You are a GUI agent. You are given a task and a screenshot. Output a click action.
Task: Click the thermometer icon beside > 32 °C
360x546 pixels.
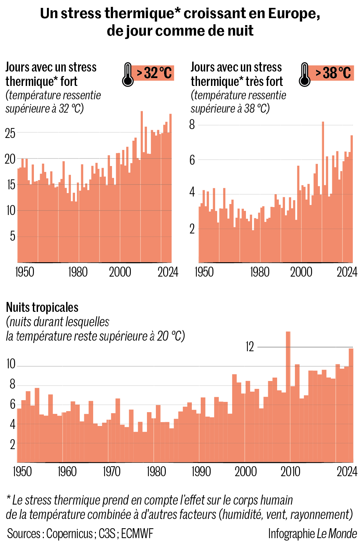pos(127,74)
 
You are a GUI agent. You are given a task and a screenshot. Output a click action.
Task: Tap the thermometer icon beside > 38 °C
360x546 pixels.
pos(304,74)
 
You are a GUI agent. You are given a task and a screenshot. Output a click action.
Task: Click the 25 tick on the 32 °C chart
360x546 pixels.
pos(10,133)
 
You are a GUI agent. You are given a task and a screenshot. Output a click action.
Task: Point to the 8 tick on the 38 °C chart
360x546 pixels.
pos(192,124)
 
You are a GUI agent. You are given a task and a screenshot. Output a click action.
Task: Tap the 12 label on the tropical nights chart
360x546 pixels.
pos(250,347)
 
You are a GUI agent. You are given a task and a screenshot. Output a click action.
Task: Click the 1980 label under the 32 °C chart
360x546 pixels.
pos(78,272)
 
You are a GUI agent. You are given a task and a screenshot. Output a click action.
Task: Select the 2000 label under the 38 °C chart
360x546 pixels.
pos(301,272)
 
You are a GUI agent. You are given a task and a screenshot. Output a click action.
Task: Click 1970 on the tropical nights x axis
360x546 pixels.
pos(112,472)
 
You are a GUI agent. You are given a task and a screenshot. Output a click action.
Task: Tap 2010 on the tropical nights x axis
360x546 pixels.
pos(290,472)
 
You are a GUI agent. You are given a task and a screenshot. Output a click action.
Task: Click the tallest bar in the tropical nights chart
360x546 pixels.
pos(288,397)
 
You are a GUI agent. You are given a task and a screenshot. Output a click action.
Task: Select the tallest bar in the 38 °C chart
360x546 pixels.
pos(323,192)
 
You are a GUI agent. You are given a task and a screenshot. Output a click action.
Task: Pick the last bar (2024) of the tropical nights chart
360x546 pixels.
pos(351,406)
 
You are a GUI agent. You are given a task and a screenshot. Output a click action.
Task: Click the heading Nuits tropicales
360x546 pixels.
pos(42,307)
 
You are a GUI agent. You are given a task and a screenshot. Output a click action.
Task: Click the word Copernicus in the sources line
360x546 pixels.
pos(70,534)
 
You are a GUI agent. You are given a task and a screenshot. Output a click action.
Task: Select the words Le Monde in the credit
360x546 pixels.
pos(337,534)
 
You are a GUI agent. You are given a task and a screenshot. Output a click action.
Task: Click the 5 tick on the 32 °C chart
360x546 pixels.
pos(13,236)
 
